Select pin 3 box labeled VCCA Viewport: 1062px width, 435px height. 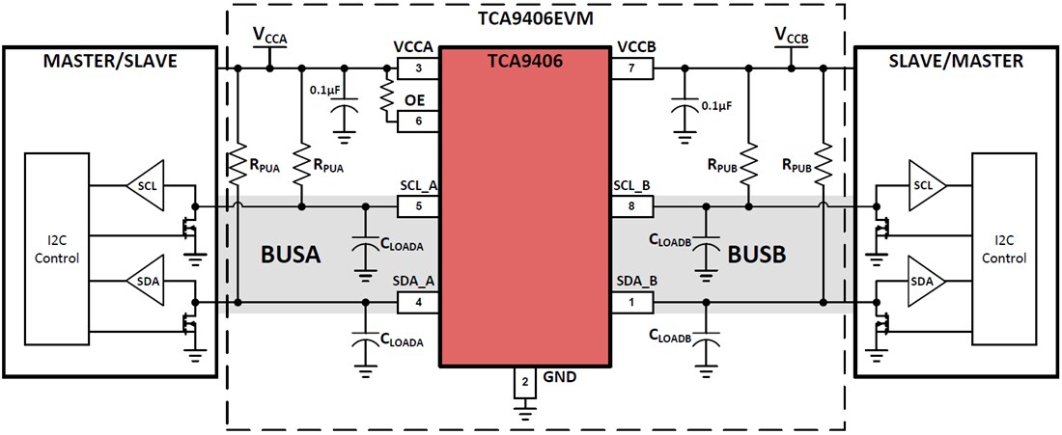pyautogui.click(x=418, y=68)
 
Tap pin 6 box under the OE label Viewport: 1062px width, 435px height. pyautogui.click(x=418, y=122)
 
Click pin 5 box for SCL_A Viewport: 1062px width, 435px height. pyautogui.click(x=418, y=205)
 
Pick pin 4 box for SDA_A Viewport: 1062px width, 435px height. pyautogui.click(x=418, y=303)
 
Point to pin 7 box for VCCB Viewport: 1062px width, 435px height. pyautogui.click(x=631, y=68)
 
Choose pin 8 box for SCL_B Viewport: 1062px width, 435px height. pyautogui.click(x=631, y=205)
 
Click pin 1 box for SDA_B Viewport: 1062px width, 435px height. pyautogui.click(x=631, y=303)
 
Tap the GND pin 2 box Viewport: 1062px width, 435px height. pyautogui.click(x=524, y=383)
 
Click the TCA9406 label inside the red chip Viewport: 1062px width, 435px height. pyautogui.click(x=524, y=60)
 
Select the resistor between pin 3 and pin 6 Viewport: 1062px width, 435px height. pyautogui.click(x=386, y=95)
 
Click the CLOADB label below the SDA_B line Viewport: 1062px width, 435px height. pyautogui.click(x=672, y=336)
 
